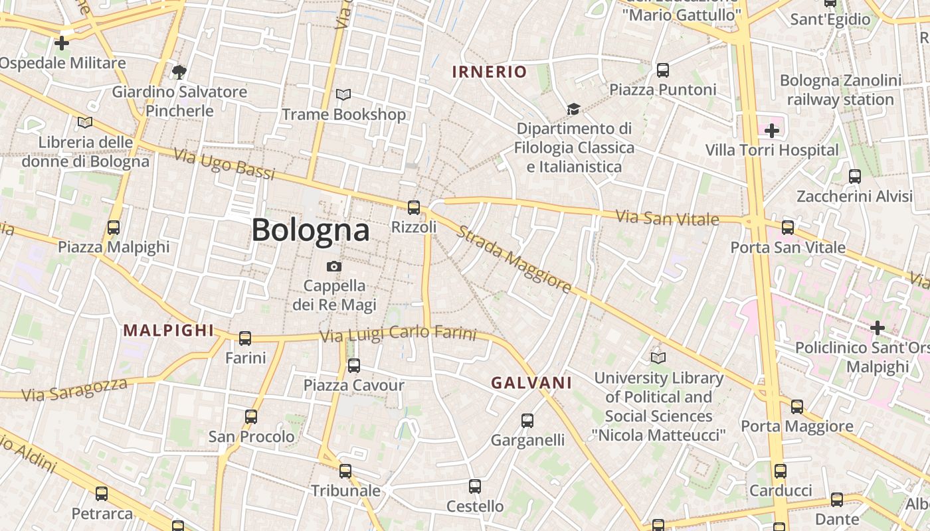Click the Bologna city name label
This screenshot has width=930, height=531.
tap(310, 230)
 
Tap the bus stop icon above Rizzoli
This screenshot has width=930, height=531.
tap(414, 208)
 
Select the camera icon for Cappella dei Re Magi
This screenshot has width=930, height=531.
tap(334, 266)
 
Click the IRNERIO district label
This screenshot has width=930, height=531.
tap(490, 72)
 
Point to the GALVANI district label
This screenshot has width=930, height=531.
tap(531, 382)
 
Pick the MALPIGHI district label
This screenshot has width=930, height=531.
tap(169, 330)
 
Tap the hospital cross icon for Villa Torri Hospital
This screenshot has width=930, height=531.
tap(771, 131)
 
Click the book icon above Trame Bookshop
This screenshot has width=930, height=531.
tap(343, 95)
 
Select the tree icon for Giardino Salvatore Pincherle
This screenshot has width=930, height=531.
tap(179, 72)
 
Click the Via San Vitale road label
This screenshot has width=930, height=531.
tap(667, 217)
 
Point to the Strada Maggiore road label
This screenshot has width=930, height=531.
tap(513, 260)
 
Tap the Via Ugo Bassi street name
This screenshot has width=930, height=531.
tap(224, 164)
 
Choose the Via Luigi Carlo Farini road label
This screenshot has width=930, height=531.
tap(398, 334)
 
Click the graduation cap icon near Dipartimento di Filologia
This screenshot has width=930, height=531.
tap(573, 109)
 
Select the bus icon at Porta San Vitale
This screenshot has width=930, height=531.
tap(788, 228)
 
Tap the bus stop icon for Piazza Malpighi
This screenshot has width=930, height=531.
tap(114, 228)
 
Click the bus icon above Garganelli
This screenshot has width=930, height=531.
tap(527, 420)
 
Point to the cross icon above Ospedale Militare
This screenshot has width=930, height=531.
tap(62, 44)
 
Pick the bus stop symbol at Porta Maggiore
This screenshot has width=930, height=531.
tap(797, 407)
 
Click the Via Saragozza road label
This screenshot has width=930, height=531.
tap(74, 390)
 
